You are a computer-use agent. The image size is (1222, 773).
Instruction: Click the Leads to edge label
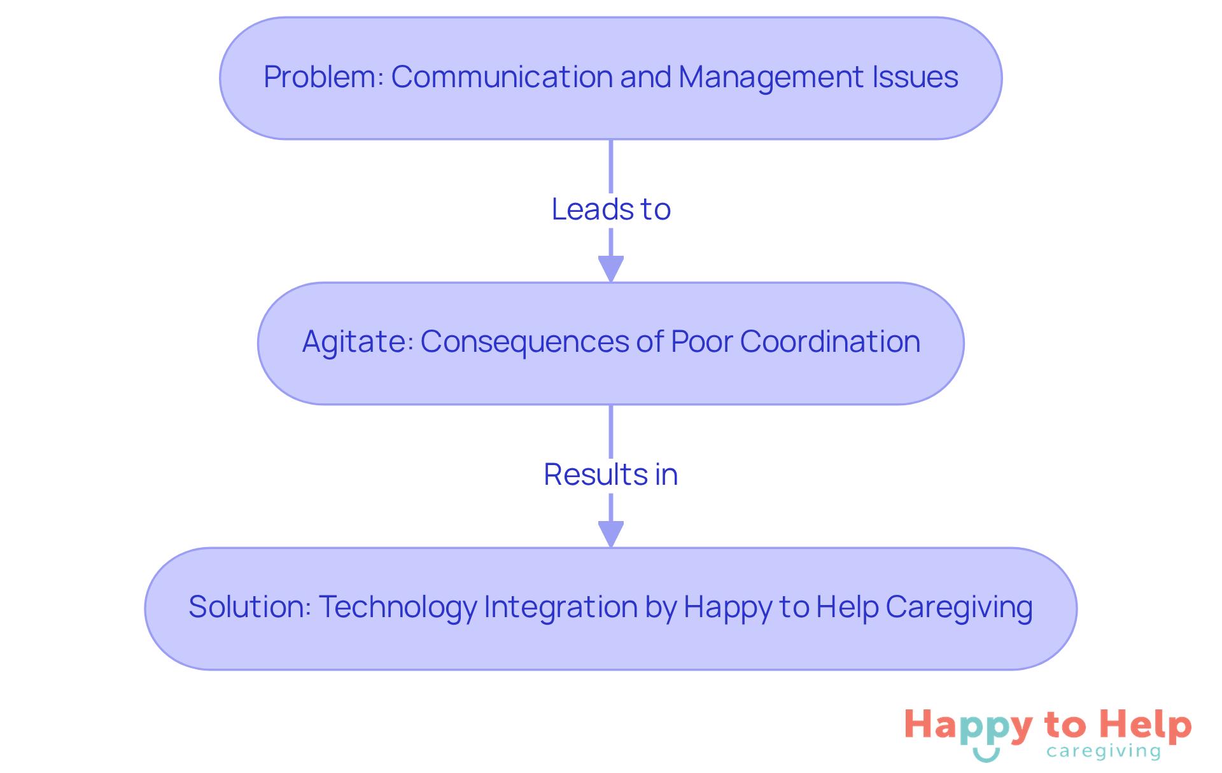[x=611, y=209]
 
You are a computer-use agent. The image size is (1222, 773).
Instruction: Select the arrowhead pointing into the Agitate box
[x=611, y=268]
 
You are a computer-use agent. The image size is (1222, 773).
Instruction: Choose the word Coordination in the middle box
[x=830, y=342]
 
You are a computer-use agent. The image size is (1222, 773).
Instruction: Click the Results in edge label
[x=611, y=475]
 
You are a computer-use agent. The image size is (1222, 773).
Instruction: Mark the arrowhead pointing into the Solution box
[x=611, y=534]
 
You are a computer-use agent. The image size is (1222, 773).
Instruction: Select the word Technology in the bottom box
[x=398, y=607]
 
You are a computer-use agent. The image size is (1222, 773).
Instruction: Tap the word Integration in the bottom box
[x=561, y=607]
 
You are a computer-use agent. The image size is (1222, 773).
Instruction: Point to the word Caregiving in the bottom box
[x=959, y=607]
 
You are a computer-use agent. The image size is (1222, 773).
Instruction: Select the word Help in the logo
[x=1146, y=726]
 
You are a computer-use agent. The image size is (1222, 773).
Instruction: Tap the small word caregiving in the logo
[x=1104, y=752]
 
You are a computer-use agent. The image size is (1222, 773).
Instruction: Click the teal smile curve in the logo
[x=987, y=756]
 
